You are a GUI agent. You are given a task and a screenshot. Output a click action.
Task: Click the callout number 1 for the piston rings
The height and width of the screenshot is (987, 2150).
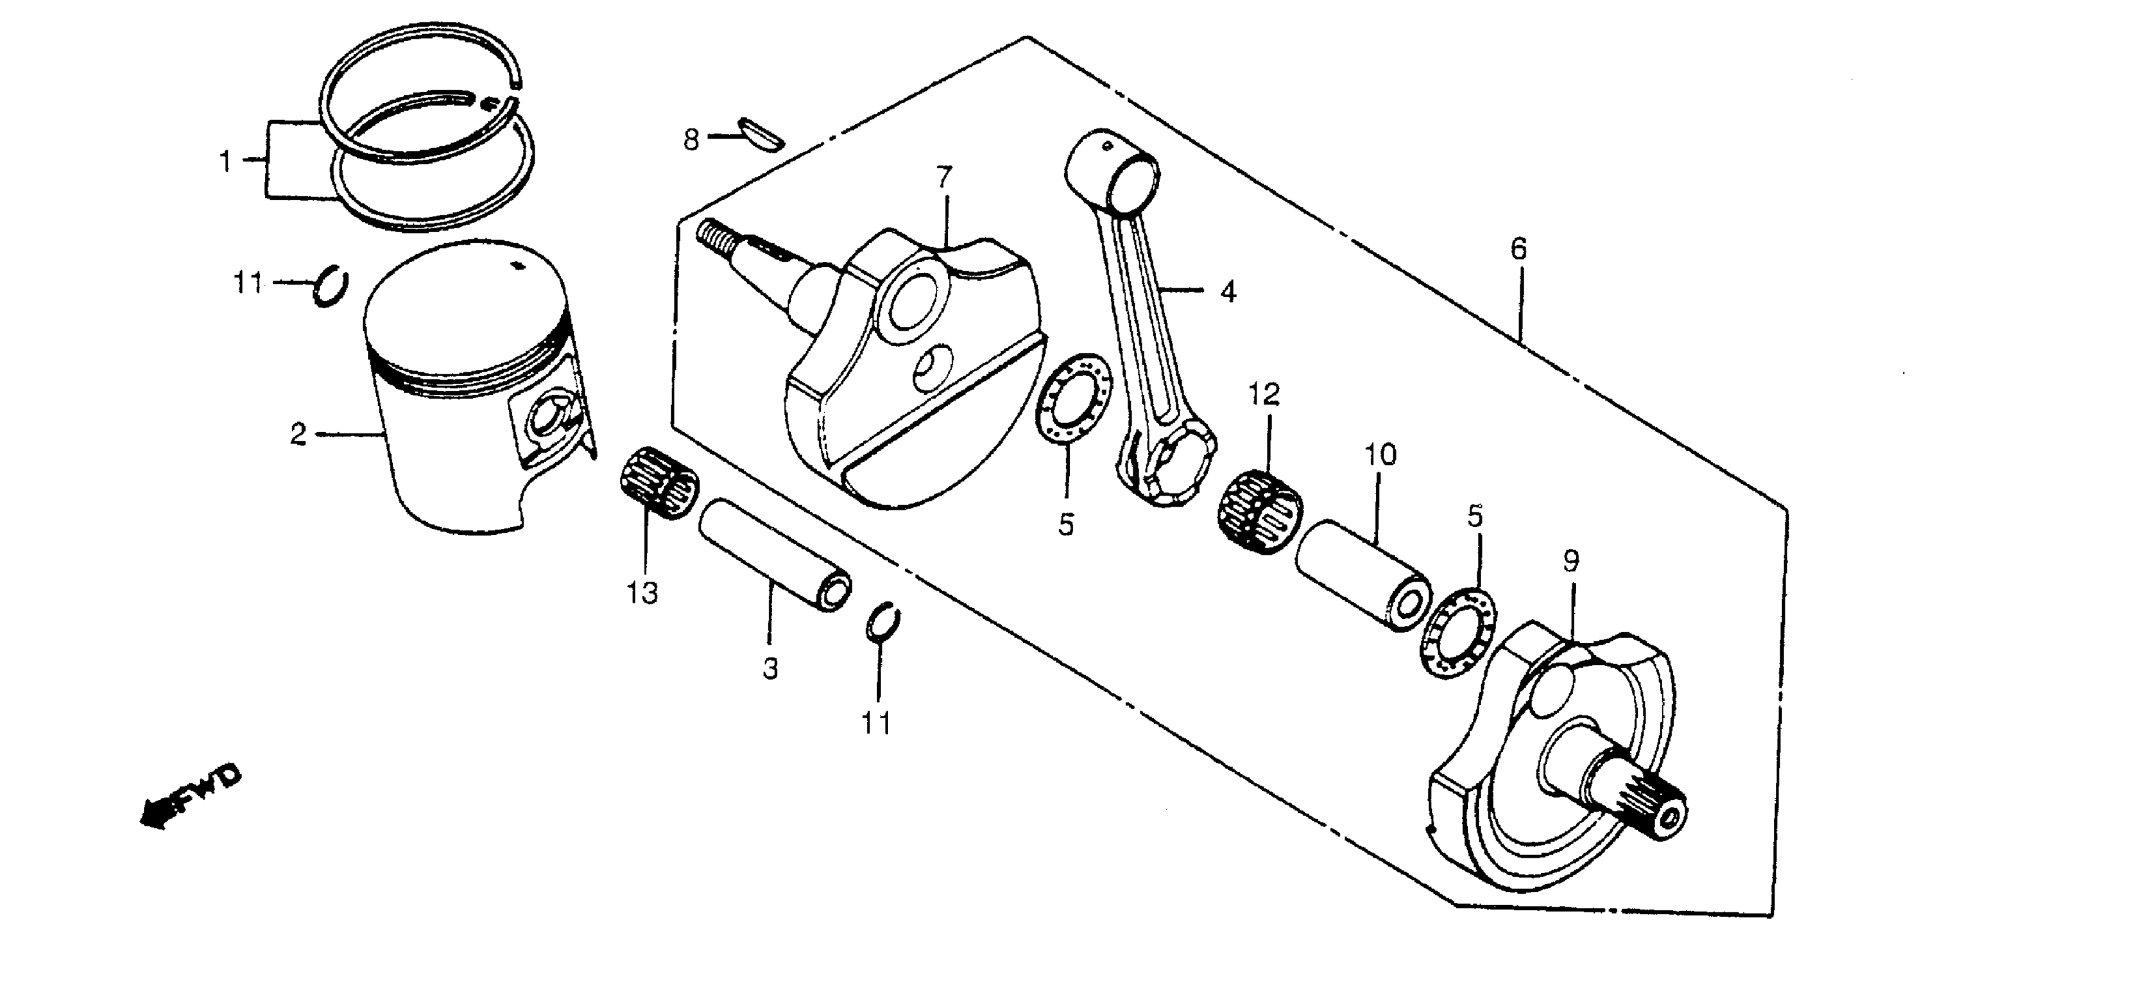click(x=225, y=160)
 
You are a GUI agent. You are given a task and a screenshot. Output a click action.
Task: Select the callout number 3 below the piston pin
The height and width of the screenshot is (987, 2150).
click(x=769, y=668)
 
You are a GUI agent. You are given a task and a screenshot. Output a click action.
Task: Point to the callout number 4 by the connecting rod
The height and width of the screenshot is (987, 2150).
click(x=1228, y=291)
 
